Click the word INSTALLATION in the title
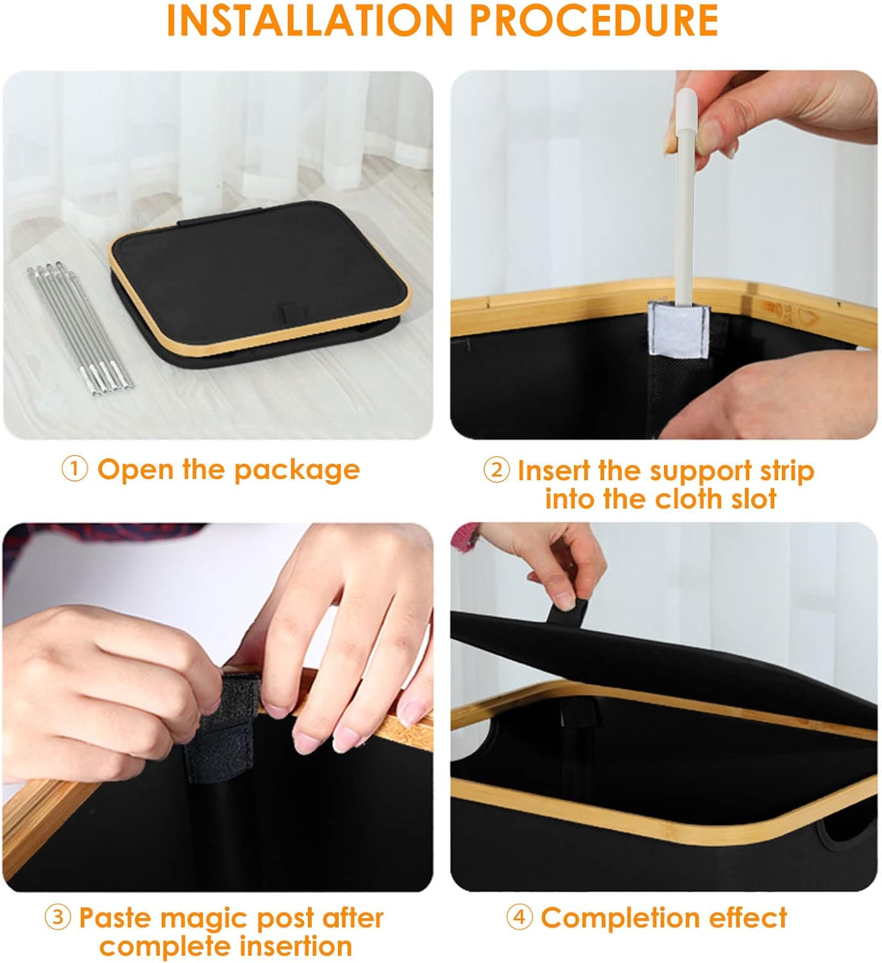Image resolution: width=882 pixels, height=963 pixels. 310,21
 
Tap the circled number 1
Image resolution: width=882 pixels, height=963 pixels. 74,469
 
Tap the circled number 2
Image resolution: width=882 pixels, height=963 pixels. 496,470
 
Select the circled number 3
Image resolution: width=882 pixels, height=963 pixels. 58,917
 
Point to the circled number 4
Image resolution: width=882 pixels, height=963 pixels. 520,917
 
